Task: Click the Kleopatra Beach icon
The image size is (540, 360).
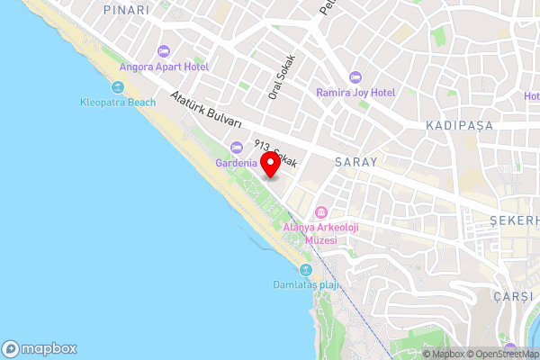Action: (x=119, y=87)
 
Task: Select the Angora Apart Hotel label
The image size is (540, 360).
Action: (x=164, y=67)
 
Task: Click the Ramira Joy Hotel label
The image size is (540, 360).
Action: (x=355, y=92)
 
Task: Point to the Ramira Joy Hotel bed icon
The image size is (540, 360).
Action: (x=355, y=76)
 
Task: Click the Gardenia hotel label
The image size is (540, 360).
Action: (x=236, y=163)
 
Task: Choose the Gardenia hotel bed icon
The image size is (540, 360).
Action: (x=237, y=148)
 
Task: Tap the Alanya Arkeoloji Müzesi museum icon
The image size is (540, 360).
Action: (x=319, y=214)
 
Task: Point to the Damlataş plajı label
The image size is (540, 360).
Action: (x=305, y=285)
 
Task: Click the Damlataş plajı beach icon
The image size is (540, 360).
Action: (x=306, y=270)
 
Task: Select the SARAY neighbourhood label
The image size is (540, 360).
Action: (x=355, y=162)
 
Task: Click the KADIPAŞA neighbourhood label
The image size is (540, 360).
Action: (x=460, y=125)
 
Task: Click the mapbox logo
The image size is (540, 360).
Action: (x=40, y=349)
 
